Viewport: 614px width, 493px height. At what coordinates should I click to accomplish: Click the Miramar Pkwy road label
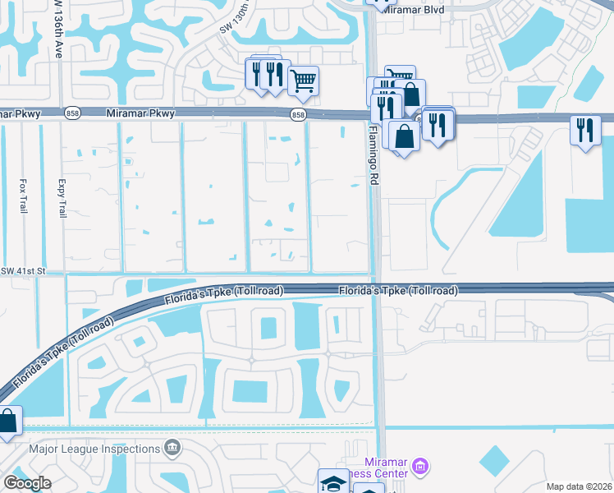[x=140, y=114]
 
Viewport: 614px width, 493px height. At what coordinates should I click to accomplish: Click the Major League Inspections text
[x=94, y=449]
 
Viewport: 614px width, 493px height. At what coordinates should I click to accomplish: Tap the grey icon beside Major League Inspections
[x=172, y=449]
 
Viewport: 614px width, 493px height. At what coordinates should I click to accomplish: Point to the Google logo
[x=27, y=483]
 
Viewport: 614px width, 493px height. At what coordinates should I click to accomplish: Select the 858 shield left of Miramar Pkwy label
[x=75, y=115]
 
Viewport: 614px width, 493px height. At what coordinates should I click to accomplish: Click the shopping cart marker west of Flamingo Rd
[x=304, y=81]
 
